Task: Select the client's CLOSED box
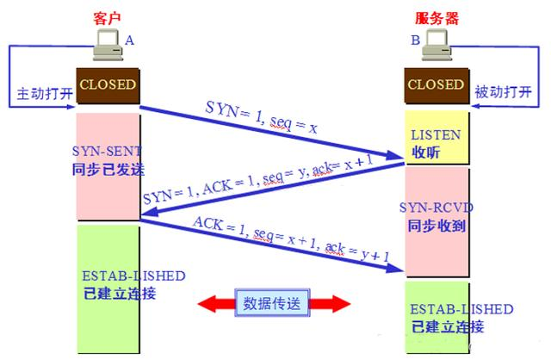click(x=108, y=84)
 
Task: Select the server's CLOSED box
click(x=435, y=85)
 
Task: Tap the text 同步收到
click(x=436, y=226)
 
